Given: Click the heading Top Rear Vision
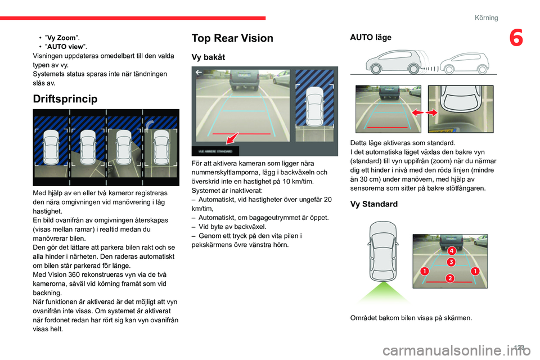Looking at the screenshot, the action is (232, 38).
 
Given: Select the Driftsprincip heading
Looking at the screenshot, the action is (65, 99).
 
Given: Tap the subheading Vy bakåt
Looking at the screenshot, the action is (208, 57).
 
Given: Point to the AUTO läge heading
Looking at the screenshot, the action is (371, 37).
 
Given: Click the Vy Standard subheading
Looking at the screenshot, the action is (375, 204).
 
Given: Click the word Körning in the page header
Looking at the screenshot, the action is (486, 18).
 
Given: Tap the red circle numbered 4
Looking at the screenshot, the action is (451, 250).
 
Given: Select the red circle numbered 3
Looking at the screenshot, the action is (451, 262).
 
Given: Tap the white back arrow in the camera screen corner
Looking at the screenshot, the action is (199, 73).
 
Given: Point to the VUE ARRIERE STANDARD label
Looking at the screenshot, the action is (215, 151).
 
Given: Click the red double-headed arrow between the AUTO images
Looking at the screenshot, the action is (425, 113).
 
